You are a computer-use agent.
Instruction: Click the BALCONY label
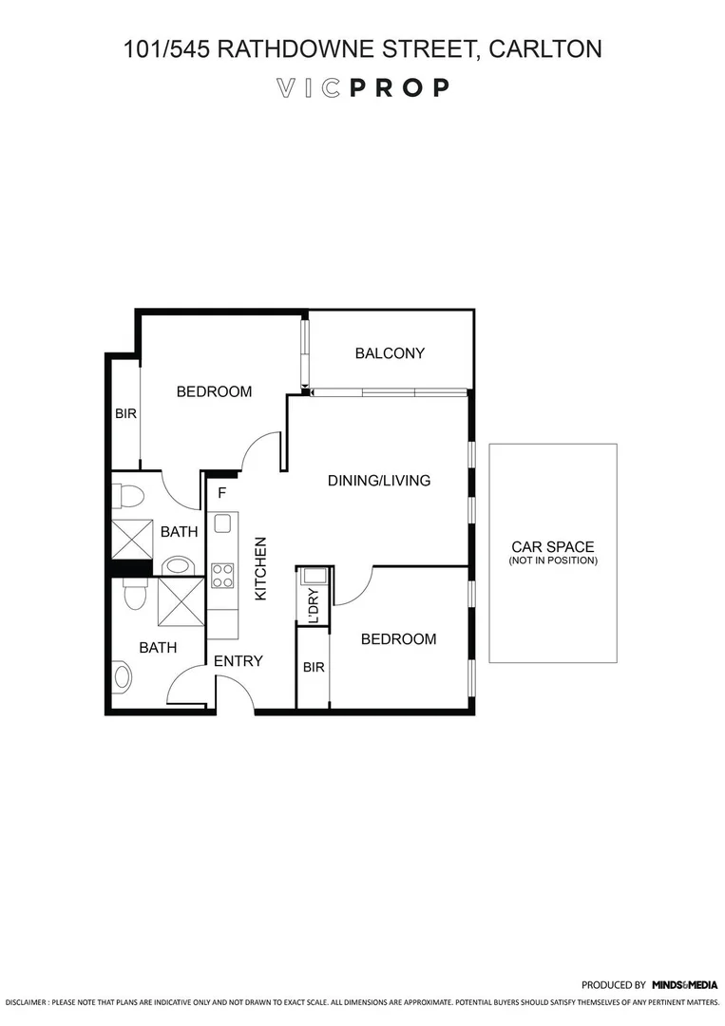(x=390, y=353)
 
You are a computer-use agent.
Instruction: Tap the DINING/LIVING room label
(x=379, y=481)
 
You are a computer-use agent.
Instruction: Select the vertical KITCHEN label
(x=260, y=568)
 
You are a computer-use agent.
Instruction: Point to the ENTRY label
(x=238, y=661)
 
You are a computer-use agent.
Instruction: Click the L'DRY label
(x=313, y=605)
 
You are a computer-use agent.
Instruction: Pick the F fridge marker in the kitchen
(x=222, y=493)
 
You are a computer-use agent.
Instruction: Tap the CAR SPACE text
(x=552, y=547)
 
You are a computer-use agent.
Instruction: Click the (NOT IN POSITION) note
(x=552, y=561)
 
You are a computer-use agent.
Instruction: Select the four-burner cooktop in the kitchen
(x=222, y=575)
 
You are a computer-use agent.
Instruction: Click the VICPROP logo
(x=362, y=88)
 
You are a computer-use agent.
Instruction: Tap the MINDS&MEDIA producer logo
(x=684, y=985)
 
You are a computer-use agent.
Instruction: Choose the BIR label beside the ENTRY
(x=314, y=668)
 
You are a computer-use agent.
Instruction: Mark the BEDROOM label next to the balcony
(x=214, y=391)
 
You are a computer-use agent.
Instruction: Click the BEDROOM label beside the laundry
(x=398, y=639)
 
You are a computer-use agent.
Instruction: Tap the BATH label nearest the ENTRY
(x=158, y=648)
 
